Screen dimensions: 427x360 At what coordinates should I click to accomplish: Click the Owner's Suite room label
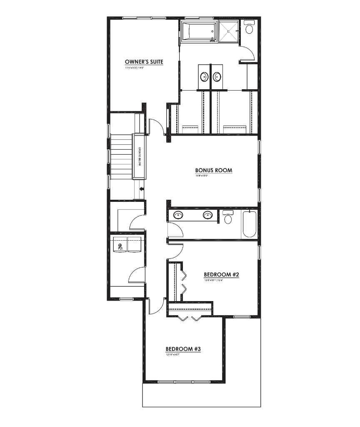point(144,62)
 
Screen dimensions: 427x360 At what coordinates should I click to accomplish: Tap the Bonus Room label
point(213,170)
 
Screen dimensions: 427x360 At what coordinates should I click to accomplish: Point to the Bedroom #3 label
point(184,349)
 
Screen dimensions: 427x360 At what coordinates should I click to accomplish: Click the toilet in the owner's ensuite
point(250,28)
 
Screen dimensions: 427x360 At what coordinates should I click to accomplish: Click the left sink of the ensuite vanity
point(205,77)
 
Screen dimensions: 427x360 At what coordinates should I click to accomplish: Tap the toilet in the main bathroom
point(228,218)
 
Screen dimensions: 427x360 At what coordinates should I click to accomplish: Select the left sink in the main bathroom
point(178,215)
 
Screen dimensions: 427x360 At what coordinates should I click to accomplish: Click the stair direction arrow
point(142,189)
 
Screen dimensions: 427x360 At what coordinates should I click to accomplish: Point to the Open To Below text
point(140,157)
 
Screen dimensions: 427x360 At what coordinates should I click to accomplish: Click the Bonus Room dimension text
point(202,176)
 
